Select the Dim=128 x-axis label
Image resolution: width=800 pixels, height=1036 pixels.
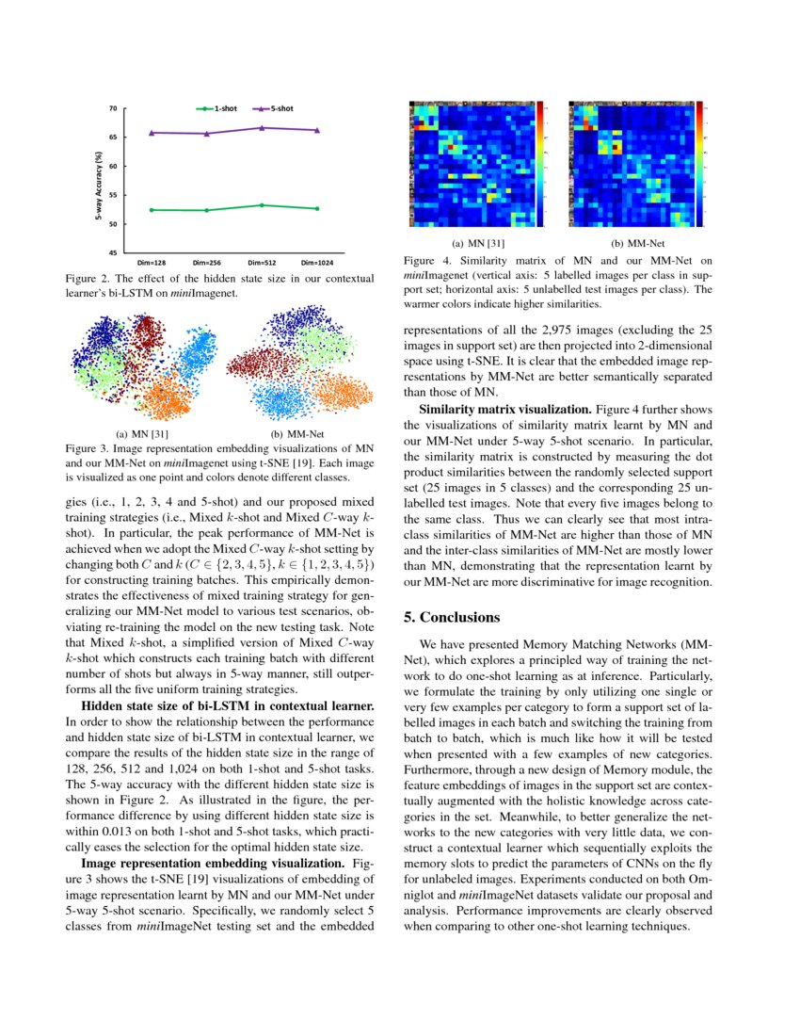tap(152, 263)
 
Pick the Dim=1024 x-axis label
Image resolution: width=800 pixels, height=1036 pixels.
tap(316, 263)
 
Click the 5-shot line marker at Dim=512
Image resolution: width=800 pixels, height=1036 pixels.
tap(262, 127)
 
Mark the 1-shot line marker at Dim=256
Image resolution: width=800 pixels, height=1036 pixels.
tap(206, 210)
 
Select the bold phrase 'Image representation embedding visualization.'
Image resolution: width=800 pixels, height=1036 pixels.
tap(216, 863)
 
